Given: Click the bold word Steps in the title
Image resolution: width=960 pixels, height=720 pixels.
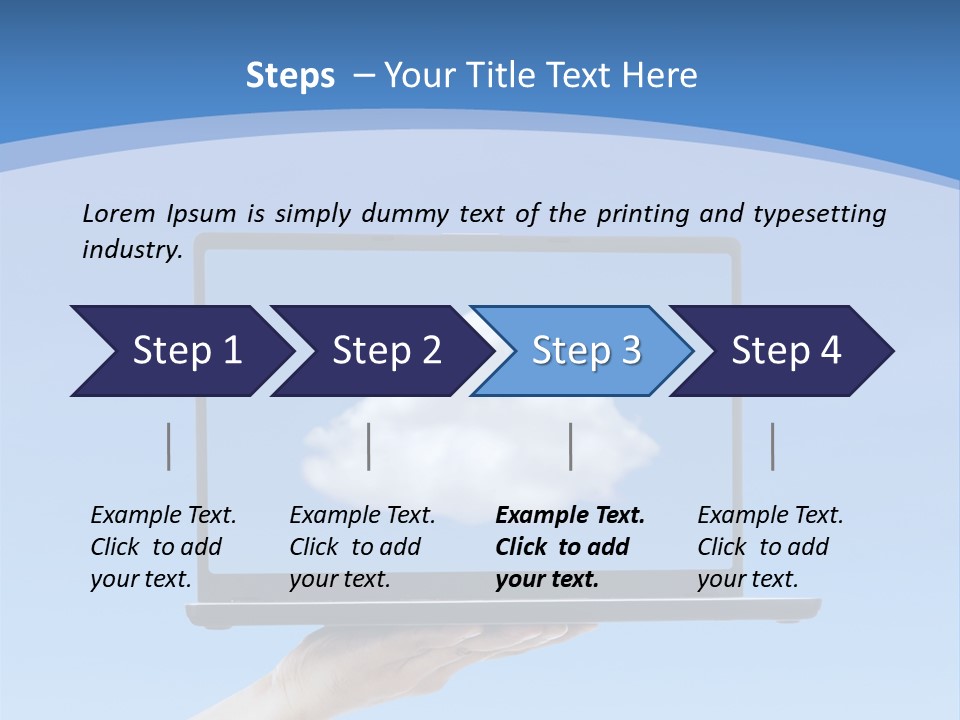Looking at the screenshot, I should click(290, 76).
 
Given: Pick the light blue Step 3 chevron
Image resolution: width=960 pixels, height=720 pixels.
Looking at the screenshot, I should click(586, 351).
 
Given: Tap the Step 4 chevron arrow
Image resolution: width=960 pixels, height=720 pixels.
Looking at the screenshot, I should click(786, 351).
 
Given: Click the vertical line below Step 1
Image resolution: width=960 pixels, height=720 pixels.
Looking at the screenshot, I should click(169, 446).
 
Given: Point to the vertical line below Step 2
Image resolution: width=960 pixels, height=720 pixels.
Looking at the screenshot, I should click(369, 446).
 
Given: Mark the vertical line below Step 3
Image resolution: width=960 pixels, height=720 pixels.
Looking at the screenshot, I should click(571, 446).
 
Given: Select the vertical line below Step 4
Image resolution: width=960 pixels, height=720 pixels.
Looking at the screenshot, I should click(773, 446).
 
